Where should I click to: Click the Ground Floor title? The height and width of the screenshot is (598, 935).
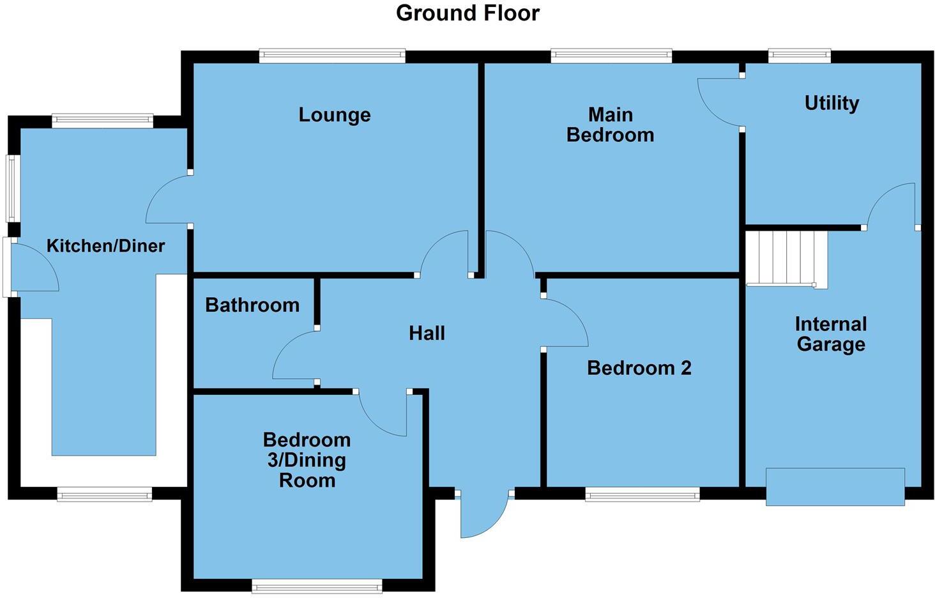[467, 13]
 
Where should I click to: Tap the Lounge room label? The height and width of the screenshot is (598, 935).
[334, 115]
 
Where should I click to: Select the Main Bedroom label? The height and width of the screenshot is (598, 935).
[610, 125]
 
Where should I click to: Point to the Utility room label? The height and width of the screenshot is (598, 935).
[831, 103]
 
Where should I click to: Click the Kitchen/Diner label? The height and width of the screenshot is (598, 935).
[105, 246]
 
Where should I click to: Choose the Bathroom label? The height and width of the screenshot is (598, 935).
[252, 305]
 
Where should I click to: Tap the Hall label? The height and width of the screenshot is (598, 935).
[427, 333]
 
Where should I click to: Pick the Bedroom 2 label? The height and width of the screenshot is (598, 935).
[639, 368]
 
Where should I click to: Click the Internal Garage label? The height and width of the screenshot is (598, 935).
[830, 334]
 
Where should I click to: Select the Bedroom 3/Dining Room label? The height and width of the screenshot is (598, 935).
[307, 460]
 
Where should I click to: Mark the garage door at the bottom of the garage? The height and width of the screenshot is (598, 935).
[835, 487]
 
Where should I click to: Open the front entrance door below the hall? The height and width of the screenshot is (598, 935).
[483, 514]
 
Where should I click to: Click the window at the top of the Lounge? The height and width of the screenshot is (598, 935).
[332, 56]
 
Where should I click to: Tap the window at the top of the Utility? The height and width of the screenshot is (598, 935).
[800, 56]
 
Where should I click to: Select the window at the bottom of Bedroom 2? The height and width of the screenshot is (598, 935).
[642, 494]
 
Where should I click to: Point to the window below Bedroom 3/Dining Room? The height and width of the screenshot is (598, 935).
[317, 586]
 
